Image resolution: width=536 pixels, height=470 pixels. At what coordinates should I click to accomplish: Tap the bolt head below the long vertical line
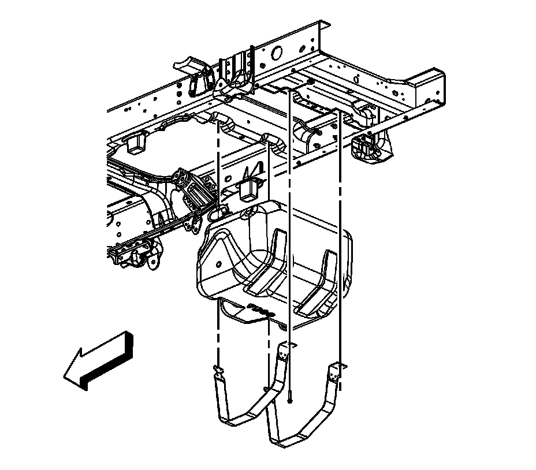point(289,397)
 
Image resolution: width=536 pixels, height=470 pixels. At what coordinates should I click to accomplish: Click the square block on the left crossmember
point(136,141)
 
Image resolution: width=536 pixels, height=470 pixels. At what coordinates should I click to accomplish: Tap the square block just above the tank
point(251,188)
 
